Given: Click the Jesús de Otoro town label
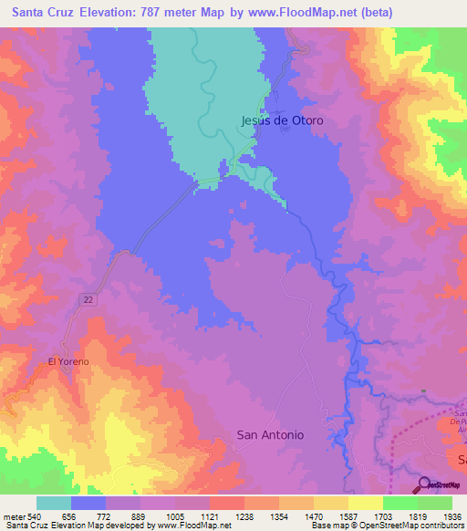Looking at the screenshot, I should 282,120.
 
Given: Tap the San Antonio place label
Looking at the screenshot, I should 270,435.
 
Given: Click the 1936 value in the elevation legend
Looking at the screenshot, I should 440,515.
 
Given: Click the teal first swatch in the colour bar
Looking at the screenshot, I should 54,503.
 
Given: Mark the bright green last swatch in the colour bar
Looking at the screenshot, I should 435,503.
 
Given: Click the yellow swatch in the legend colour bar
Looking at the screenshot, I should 366,503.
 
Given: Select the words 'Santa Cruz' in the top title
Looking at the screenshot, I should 38,13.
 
